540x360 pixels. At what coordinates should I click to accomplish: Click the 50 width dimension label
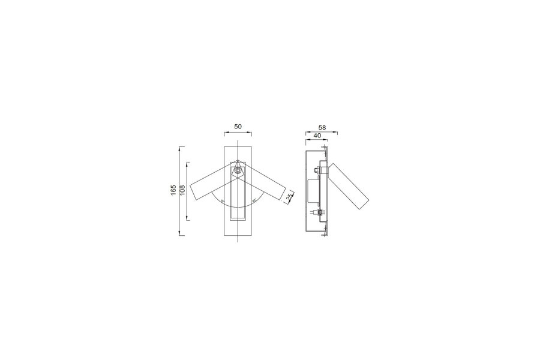[x=238, y=127]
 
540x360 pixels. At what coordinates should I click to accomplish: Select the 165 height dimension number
[x=173, y=190]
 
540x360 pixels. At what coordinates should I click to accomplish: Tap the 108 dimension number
[x=182, y=190]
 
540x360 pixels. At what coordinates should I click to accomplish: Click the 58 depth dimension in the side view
[x=322, y=127]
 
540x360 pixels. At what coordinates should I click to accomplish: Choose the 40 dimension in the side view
[x=317, y=136]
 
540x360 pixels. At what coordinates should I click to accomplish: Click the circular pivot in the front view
[x=238, y=170]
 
